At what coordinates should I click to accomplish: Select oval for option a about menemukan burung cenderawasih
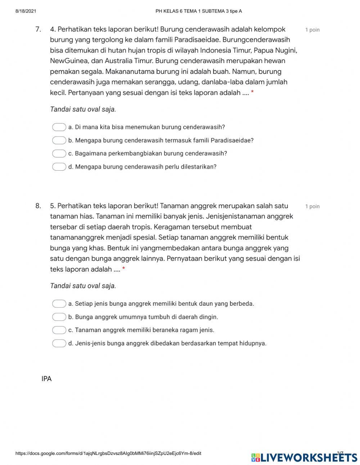click(59, 127)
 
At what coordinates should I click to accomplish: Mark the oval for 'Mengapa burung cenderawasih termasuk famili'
click(59, 140)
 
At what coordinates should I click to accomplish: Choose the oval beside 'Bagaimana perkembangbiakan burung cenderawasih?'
click(59, 153)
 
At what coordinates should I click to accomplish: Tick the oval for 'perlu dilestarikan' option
click(59, 167)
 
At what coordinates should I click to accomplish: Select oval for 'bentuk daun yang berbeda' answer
click(59, 304)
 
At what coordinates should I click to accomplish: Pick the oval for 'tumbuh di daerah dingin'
click(59, 317)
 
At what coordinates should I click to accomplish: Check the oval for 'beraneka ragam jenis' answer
click(59, 330)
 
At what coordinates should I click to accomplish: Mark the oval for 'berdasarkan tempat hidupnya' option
click(59, 343)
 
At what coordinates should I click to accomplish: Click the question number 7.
click(38, 29)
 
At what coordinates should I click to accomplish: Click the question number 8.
click(38, 206)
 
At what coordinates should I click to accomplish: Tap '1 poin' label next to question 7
click(312, 30)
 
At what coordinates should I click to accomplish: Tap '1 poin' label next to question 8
click(312, 206)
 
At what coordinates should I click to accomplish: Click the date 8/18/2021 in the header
click(26, 11)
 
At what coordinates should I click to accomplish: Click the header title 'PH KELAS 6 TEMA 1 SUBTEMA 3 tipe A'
click(198, 11)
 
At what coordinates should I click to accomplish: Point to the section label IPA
click(46, 379)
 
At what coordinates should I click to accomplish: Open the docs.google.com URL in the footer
click(108, 453)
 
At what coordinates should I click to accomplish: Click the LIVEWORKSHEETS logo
click(304, 457)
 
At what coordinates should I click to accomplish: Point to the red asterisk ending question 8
click(123, 269)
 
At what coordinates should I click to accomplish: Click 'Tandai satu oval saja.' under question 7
click(83, 109)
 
